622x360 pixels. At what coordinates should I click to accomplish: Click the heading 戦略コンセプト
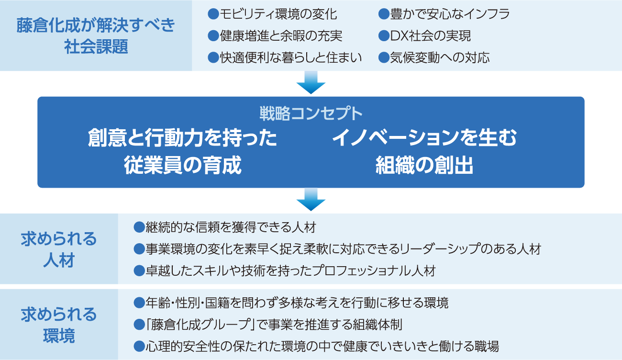[311, 114]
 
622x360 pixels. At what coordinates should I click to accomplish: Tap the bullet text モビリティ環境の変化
[278, 14]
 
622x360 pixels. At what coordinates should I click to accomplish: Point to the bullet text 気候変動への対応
[440, 58]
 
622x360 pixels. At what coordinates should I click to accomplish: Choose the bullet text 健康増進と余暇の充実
[281, 36]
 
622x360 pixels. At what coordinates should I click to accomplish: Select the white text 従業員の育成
[182, 166]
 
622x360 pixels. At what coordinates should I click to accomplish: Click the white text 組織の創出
[424, 166]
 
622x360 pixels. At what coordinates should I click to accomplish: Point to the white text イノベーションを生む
[424, 138]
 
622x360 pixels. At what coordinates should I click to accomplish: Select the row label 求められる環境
[59, 325]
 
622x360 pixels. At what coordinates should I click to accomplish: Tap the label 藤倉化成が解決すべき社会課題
[96, 36]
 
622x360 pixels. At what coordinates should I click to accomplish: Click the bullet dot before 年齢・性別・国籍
[139, 303]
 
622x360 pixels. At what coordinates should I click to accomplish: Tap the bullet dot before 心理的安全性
[139, 346]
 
